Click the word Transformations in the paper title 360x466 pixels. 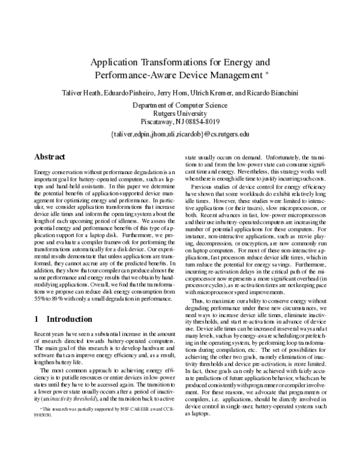tap(167, 62)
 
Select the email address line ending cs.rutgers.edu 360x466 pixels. tap(179, 134)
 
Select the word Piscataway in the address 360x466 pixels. tap(152, 122)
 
